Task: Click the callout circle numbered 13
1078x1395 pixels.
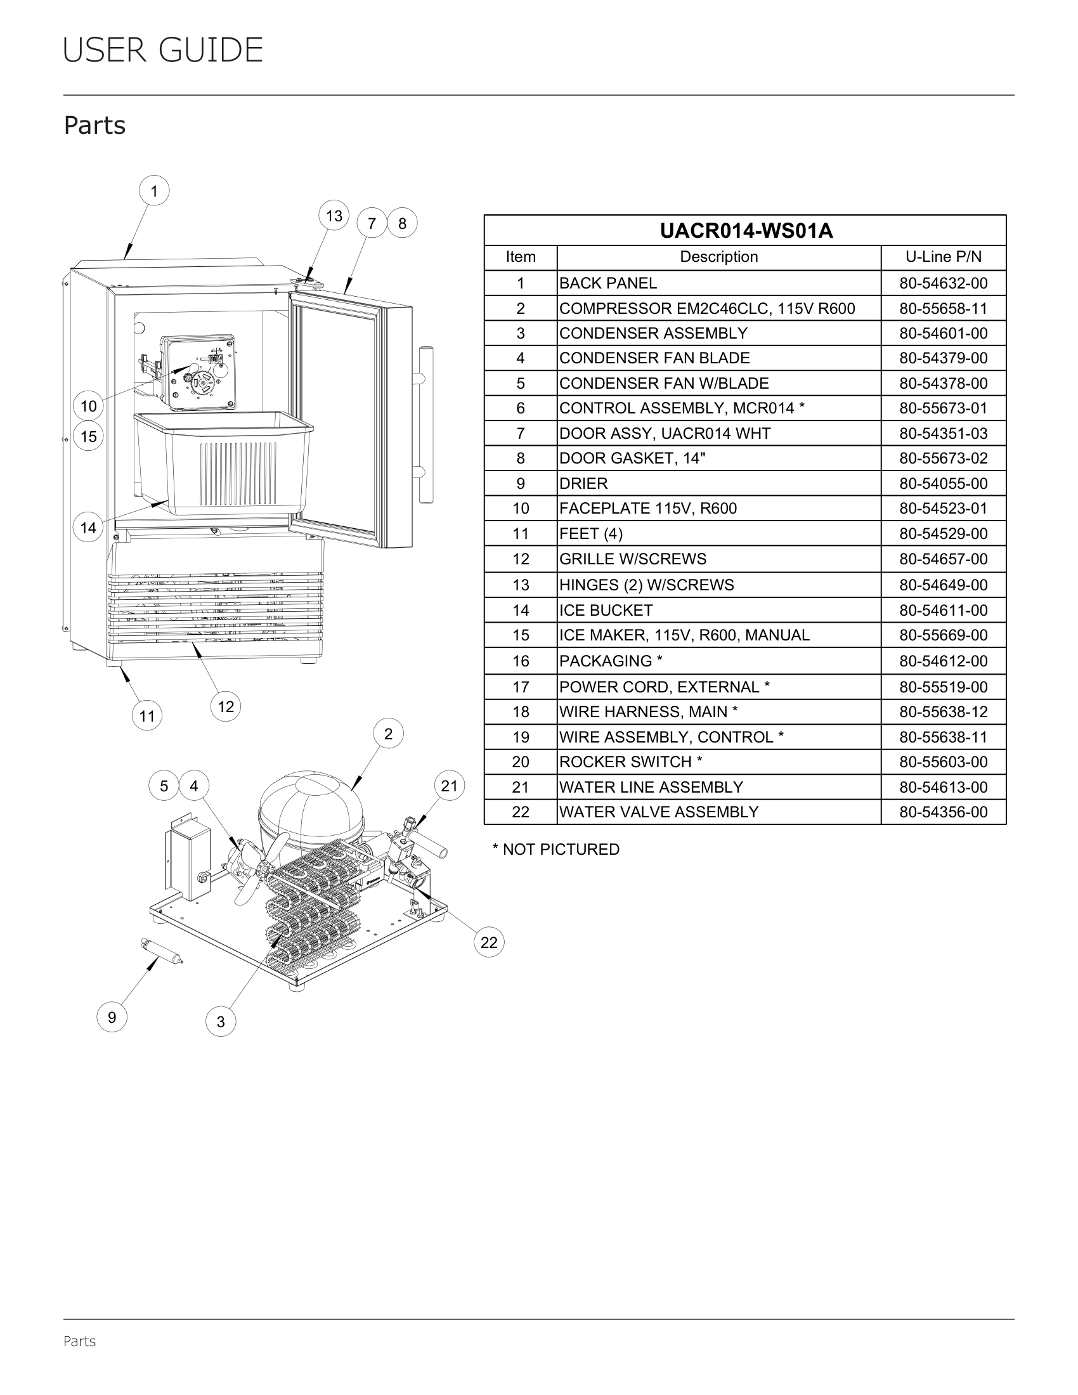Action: click(x=334, y=216)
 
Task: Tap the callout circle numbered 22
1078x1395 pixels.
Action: click(x=489, y=942)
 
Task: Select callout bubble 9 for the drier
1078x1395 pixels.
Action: click(x=112, y=1017)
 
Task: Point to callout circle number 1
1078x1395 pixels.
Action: click(x=154, y=191)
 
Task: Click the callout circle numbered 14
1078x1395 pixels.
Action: click(x=88, y=528)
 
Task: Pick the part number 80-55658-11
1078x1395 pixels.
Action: click(x=944, y=309)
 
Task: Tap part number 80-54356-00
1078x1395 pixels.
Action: click(x=944, y=812)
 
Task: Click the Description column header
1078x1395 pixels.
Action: click(x=718, y=257)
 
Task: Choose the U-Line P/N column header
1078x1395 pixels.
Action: click(x=944, y=257)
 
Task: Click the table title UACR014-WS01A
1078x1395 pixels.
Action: click(x=746, y=231)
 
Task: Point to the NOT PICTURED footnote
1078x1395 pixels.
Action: click(x=555, y=850)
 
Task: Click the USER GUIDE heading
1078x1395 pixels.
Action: click(x=163, y=51)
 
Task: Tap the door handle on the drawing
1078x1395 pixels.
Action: click(x=425, y=425)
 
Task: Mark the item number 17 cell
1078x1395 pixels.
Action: click(x=521, y=687)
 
